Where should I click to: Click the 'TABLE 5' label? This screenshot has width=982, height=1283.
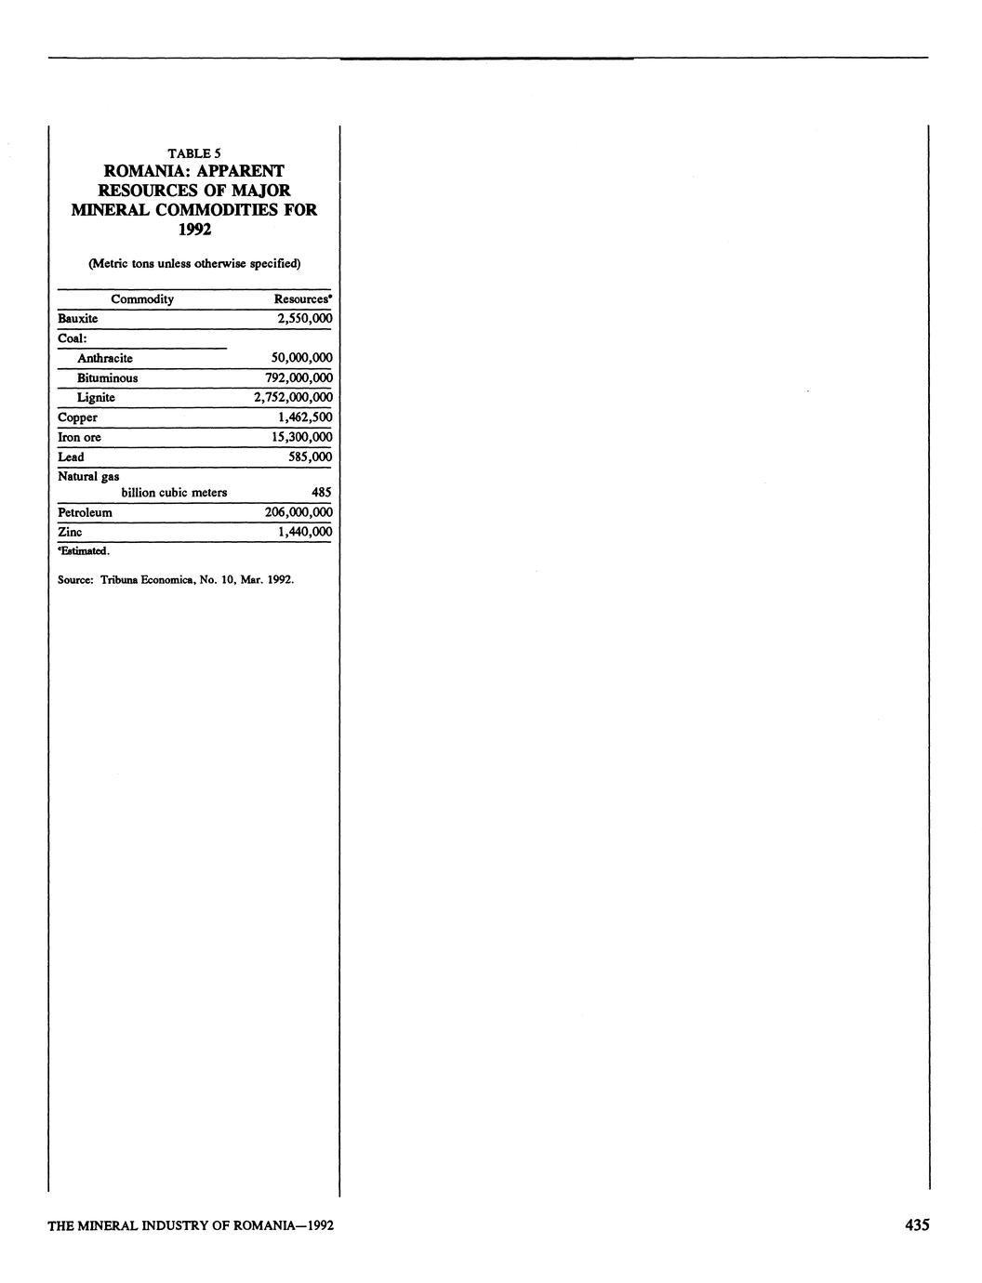[193, 153]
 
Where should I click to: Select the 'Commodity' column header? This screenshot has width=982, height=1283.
[142, 299]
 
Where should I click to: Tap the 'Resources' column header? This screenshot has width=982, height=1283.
[302, 299]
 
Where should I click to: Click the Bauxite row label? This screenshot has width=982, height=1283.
[78, 319]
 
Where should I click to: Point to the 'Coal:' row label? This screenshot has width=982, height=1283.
[72, 338]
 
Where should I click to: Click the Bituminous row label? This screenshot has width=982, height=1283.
[107, 378]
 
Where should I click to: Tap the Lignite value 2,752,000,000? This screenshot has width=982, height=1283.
[293, 398]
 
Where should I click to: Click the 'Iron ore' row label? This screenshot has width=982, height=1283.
[80, 437]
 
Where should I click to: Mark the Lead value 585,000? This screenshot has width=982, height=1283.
[310, 457]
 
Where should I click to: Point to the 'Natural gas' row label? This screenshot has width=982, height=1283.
[88, 476]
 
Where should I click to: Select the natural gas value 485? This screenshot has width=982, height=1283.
[321, 493]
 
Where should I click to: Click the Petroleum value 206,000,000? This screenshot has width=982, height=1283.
[298, 512]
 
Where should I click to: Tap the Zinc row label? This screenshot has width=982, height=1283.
[70, 532]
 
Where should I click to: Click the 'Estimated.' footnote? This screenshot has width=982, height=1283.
[85, 551]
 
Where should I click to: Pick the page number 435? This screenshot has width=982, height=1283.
[916, 1225]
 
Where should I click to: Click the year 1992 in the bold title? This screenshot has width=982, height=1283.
[194, 229]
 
